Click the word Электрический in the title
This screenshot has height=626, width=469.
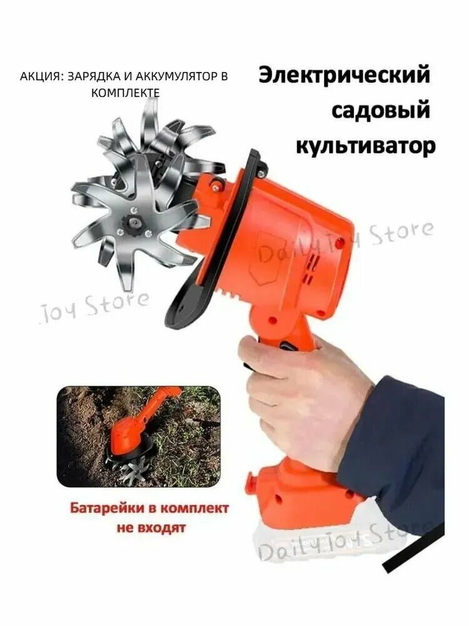[x=345, y=75]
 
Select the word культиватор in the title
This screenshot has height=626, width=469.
[x=365, y=146]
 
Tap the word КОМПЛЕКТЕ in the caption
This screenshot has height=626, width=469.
[x=125, y=92]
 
